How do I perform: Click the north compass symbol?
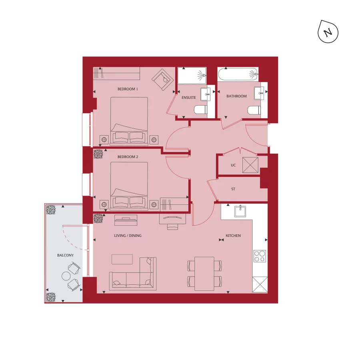[x=328, y=32]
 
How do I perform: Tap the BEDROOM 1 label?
[x=128, y=89]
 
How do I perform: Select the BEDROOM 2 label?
[x=128, y=157]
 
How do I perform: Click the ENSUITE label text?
[x=189, y=97]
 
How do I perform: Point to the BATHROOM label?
[x=236, y=96]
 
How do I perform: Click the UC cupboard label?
[x=233, y=165]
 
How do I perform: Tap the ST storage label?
[x=233, y=189]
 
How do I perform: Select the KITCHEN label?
[x=233, y=236]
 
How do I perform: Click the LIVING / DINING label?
[x=128, y=236]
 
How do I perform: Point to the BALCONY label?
[x=65, y=255]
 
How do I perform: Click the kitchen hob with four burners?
[x=260, y=256]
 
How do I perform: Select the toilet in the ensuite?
[x=200, y=110]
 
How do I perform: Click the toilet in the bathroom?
[x=253, y=110]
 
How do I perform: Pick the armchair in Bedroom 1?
[x=162, y=78]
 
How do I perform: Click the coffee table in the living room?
[x=122, y=259]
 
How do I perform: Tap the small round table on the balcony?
[x=66, y=276]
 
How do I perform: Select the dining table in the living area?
[x=204, y=274]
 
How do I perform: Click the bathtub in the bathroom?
[x=238, y=74]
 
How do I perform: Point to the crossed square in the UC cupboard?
[x=251, y=165]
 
